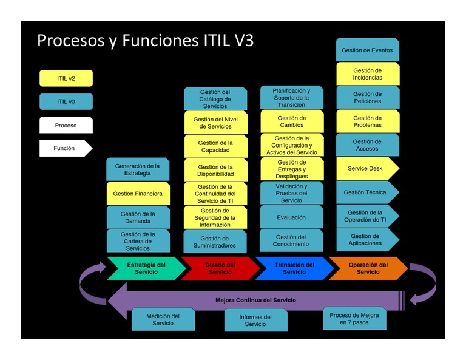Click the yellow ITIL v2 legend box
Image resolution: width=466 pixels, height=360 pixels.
[x=66, y=78]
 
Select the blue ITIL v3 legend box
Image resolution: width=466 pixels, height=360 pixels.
[x=66, y=101]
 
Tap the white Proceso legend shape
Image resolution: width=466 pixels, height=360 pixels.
[x=66, y=126]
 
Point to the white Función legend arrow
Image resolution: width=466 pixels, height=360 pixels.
[x=65, y=148]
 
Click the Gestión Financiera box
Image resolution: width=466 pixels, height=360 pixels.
[x=138, y=194]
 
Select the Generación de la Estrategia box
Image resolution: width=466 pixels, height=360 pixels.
[x=138, y=169]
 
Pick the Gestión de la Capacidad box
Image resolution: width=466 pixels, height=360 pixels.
[x=215, y=146]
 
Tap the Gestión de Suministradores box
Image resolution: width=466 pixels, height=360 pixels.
[x=215, y=242]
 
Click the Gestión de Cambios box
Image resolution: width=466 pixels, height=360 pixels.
[x=292, y=122]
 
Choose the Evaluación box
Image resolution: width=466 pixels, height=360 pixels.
[x=292, y=217]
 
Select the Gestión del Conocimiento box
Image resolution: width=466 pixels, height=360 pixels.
[x=292, y=241]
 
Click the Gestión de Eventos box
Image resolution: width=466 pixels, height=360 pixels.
[x=367, y=50]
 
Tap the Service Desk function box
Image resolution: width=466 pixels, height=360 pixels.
[x=366, y=168]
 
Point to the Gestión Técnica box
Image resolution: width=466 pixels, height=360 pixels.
[x=366, y=192]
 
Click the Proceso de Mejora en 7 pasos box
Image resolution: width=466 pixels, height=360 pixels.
[x=354, y=319]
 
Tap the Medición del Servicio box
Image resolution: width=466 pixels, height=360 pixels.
[x=163, y=320]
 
